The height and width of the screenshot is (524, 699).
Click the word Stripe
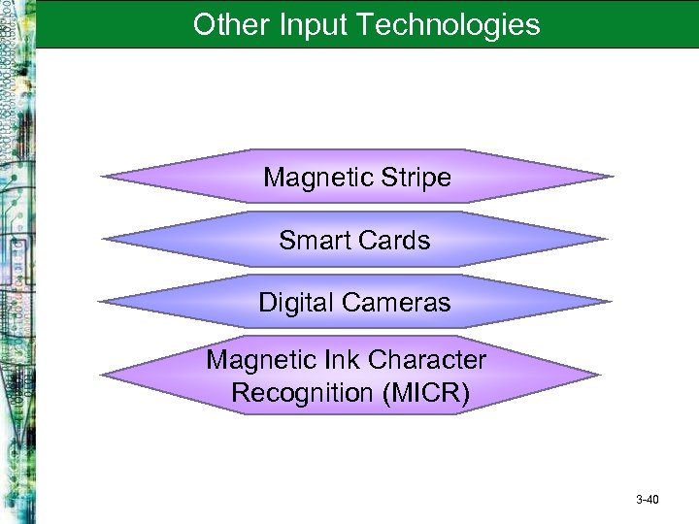(416, 178)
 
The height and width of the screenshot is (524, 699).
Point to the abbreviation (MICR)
(425, 393)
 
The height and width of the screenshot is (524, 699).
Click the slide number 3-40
(647, 500)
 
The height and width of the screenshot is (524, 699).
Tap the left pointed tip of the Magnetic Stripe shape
(103, 178)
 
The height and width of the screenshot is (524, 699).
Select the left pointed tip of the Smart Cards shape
(103, 239)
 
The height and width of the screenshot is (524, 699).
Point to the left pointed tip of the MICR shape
(103, 376)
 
